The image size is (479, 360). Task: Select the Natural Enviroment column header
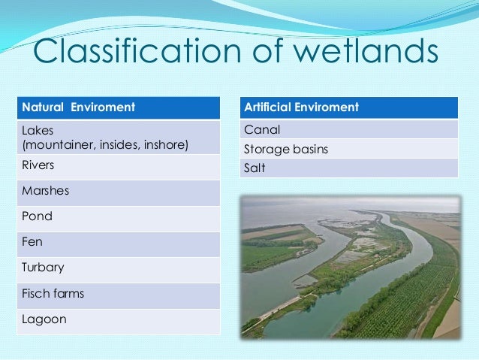pos(79,107)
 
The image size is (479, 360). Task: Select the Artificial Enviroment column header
pos(302,107)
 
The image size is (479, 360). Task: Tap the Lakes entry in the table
pos(35,130)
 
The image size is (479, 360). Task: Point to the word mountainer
pos(59,144)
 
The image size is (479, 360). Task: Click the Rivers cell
pos(40,165)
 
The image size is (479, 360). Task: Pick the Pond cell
pos(37,216)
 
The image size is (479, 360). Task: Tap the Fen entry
pos(34,242)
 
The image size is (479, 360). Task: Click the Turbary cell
pos(44,268)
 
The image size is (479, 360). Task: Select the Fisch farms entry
pos(53,293)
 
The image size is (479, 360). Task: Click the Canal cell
pos(260,130)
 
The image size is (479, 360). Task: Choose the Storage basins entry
pos(286,149)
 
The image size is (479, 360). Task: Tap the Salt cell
pos(255,168)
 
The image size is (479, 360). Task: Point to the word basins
pos(309,149)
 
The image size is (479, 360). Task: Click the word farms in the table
pos(68,293)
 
